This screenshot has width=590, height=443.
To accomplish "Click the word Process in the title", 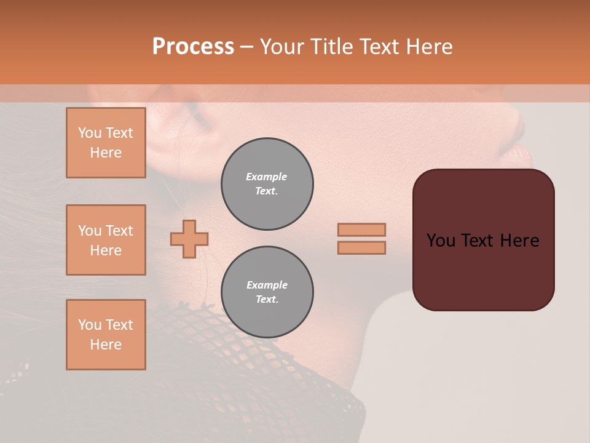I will (x=193, y=46).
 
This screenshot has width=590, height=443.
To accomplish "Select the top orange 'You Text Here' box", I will (x=106, y=143).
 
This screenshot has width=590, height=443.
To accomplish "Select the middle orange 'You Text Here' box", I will (x=106, y=240).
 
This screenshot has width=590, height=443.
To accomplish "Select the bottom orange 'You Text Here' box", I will (x=106, y=335).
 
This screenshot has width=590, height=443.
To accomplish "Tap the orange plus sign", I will (x=189, y=239).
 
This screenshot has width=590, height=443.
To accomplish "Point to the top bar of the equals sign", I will (x=361, y=229).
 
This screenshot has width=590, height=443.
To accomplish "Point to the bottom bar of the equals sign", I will (x=361, y=247).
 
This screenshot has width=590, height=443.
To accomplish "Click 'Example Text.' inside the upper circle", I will (x=267, y=184).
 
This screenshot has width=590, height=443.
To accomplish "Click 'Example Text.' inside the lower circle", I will (x=267, y=292).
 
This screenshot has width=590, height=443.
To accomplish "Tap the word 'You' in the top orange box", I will (x=90, y=133).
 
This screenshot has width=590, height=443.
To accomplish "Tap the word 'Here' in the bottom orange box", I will (x=106, y=345).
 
